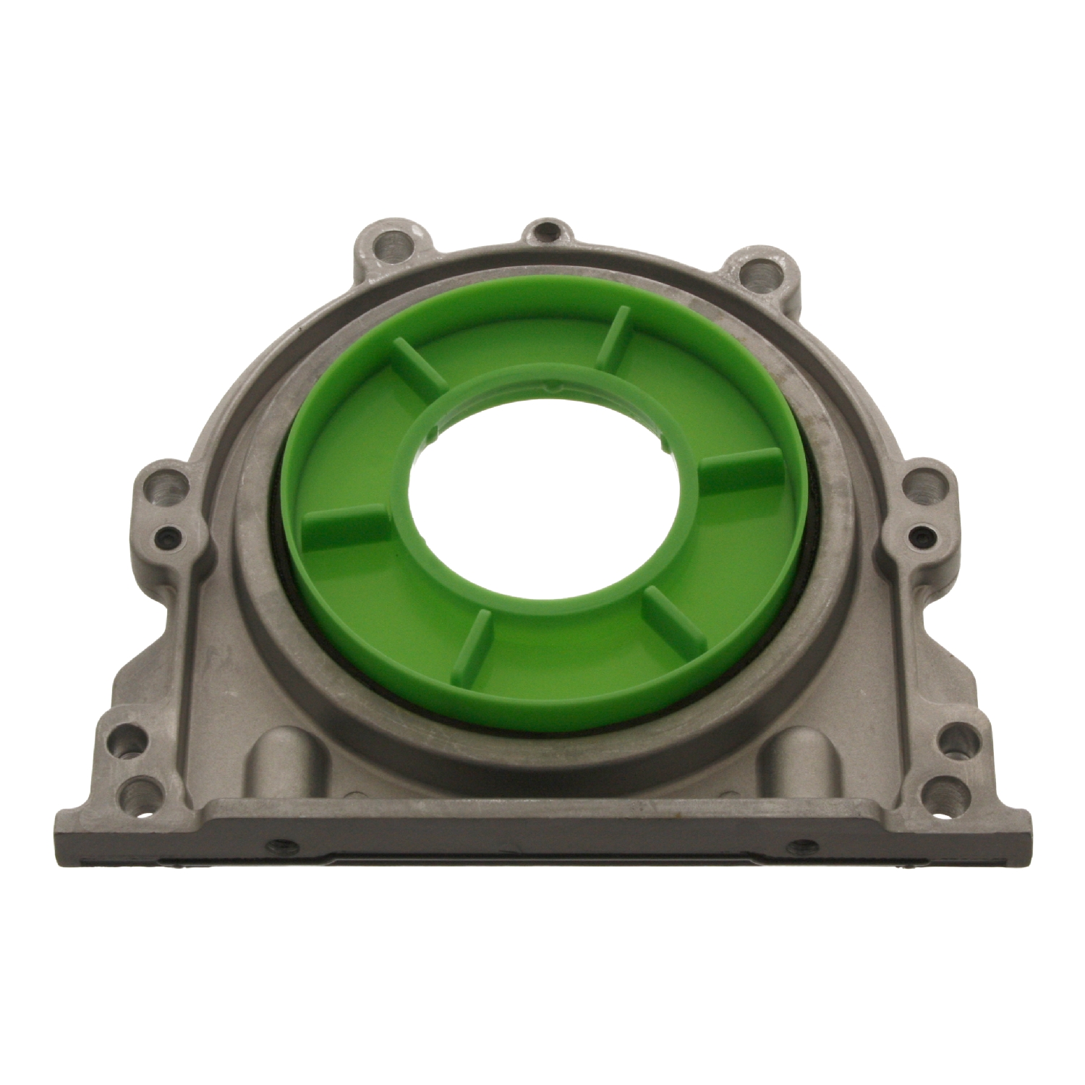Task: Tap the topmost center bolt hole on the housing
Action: click(547, 233)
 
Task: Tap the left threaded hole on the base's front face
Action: click(274, 843)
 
